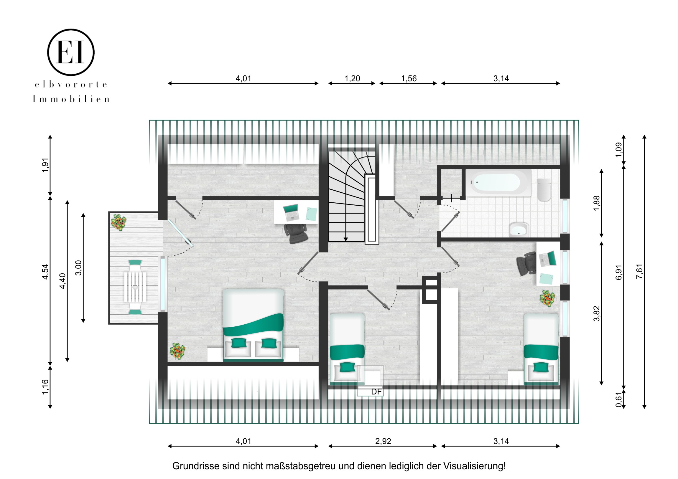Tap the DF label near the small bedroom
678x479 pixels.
(x=376, y=392)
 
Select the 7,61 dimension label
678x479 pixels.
(x=639, y=272)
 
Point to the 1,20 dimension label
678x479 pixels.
(x=352, y=78)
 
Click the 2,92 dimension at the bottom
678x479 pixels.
(x=383, y=441)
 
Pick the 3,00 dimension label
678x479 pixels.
(x=78, y=268)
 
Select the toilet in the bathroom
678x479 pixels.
(x=544, y=189)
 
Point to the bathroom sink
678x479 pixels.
(x=519, y=229)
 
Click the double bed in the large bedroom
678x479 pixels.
(x=253, y=325)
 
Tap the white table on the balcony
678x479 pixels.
(x=135, y=287)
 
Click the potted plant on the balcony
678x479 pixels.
(x=119, y=222)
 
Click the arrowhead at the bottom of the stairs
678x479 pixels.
(x=345, y=239)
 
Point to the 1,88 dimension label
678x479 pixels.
(x=597, y=203)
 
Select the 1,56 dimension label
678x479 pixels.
(x=409, y=78)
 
